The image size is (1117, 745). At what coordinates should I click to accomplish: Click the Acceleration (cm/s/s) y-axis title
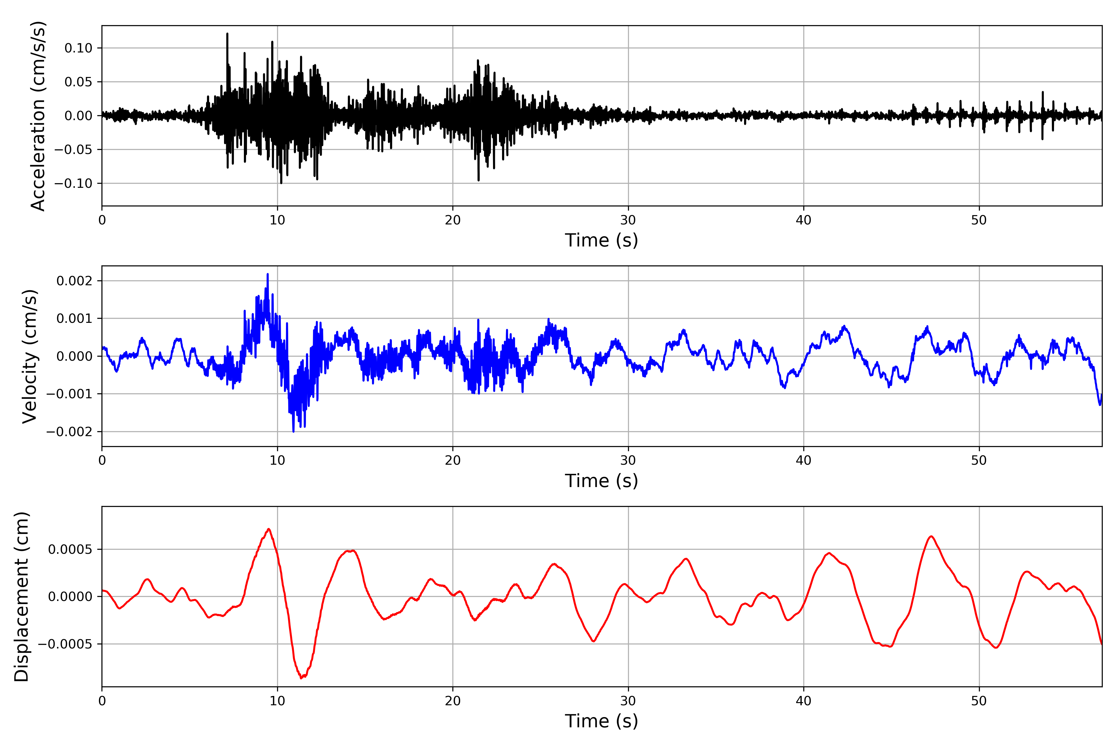[x=38, y=116]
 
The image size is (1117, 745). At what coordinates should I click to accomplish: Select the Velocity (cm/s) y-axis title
[x=30, y=356]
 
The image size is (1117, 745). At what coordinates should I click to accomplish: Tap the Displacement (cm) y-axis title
[x=21, y=597]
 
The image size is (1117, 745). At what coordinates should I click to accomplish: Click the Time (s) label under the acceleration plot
[x=601, y=240]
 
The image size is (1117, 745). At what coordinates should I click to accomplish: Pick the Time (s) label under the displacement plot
[x=601, y=721]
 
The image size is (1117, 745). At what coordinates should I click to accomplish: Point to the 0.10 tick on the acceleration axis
[x=79, y=48]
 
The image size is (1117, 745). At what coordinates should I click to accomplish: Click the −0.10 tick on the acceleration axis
[x=73, y=183]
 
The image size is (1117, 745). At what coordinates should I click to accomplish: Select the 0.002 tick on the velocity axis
[x=74, y=281]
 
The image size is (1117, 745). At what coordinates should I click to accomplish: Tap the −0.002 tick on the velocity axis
[x=69, y=432]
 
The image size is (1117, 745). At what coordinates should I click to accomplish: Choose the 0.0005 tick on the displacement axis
[x=70, y=550]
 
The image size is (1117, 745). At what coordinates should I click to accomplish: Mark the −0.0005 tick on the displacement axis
[x=65, y=644]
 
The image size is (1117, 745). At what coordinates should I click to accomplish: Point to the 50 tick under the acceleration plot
[x=979, y=220]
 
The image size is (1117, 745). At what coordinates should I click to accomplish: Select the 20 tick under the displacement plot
[x=453, y=701]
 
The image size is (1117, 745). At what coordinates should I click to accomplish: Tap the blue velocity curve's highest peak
[x=267, y=274]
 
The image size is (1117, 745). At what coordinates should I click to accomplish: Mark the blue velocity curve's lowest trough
[x=294, y=431]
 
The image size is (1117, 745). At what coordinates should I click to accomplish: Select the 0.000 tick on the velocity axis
[x=74, y=356]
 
